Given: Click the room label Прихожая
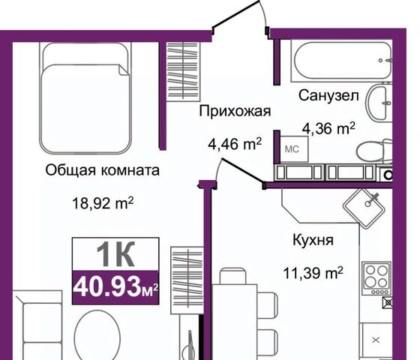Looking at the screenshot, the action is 235,111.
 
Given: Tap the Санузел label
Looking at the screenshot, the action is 328,95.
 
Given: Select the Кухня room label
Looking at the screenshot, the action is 313,240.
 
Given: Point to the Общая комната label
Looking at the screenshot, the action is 102,170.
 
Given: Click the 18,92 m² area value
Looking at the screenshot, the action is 103,203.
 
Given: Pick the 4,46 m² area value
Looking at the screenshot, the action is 235,144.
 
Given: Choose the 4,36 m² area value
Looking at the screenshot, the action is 328,128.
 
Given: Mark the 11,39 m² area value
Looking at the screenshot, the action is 313,273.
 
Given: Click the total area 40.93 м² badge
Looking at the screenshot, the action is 115,288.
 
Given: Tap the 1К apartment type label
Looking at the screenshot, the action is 115,254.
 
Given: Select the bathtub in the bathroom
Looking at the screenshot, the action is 342,61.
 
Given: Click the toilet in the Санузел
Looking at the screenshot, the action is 374,151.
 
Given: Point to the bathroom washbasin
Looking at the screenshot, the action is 379,103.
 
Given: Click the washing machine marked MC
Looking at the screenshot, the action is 294,149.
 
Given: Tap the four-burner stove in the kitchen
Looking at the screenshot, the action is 376,278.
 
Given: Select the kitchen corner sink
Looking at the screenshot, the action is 364,208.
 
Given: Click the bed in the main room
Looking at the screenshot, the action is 85,98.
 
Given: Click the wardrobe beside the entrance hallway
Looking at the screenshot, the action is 184,71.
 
